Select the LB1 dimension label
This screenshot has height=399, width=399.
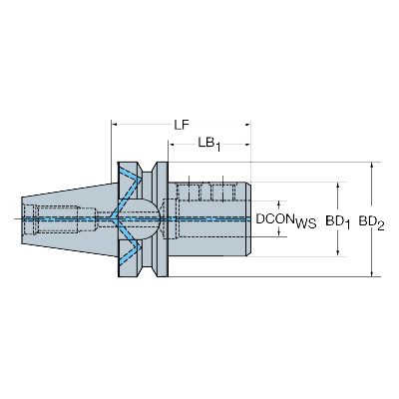pos(209,144)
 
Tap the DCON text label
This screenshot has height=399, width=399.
pos(273,217)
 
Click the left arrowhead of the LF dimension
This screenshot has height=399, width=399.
pos(115,125)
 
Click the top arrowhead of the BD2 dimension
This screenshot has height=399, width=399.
pos(372,164)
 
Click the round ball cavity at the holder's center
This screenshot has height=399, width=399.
pos(143,216)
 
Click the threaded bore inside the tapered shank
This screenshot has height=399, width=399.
pos(50,216)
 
